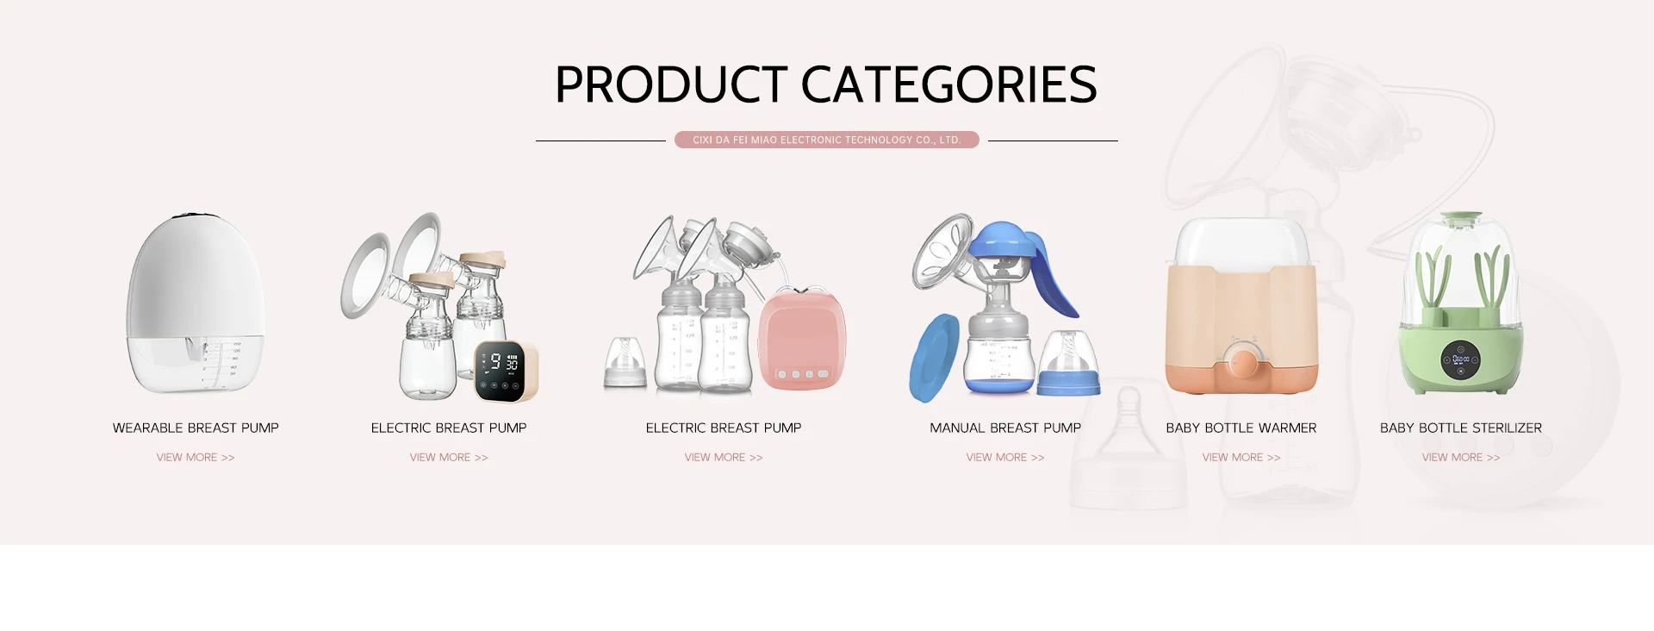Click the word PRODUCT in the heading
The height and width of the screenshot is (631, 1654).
tap(671, 84)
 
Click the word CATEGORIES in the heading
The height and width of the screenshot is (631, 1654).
tap(949, 84)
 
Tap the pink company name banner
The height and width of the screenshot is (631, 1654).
tap(827, 140)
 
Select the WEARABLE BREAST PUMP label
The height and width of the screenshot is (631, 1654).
tap(196, 428)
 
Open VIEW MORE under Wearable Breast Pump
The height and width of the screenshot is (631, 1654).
tap(196, 457)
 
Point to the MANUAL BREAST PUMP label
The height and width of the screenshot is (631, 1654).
tap(1005, 428)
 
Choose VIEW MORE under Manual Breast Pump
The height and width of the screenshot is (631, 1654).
tap(1005, 457)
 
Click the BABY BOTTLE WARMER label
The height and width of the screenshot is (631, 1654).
tap(1241, 428)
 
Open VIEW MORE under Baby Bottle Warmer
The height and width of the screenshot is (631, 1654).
tap(1241, 457)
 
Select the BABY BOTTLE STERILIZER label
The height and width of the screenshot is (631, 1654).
tap(1461, 428)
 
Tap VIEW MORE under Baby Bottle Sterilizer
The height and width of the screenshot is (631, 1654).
tap(1461, 457)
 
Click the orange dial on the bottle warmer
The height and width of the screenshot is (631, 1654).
tap(1244, 362)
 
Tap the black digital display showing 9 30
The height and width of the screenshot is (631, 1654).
tap(501, 371)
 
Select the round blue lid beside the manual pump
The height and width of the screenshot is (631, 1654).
tap(934, 359)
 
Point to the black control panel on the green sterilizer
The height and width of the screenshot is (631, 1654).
tap(1461, 360)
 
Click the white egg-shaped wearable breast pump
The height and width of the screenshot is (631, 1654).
tap(196, 303)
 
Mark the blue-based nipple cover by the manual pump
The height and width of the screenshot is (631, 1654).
tap(1068, 364)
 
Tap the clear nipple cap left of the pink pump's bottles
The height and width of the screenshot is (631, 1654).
tap(625, 362)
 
